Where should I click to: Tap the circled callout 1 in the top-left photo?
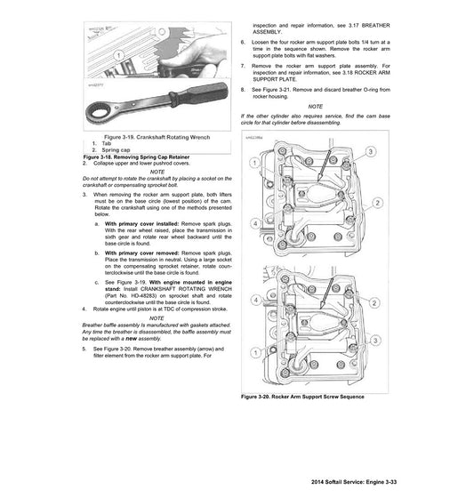pyautogui.click(x=117, y=55)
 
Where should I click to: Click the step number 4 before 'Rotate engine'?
pyautogui.click(x=84, y=309)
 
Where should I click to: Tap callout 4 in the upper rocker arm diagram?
pyautogui.click(x=255, y=221)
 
